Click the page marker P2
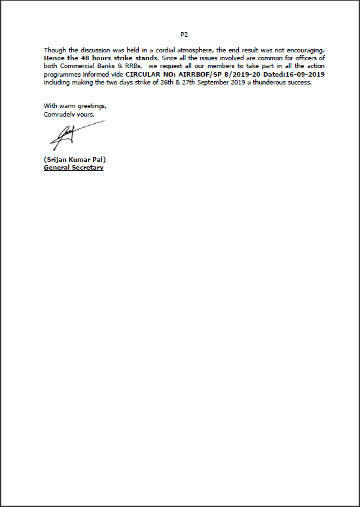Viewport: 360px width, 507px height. coord(184,33)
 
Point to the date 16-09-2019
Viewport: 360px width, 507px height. coord(304,75)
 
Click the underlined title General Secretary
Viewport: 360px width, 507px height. coord(73,167)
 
